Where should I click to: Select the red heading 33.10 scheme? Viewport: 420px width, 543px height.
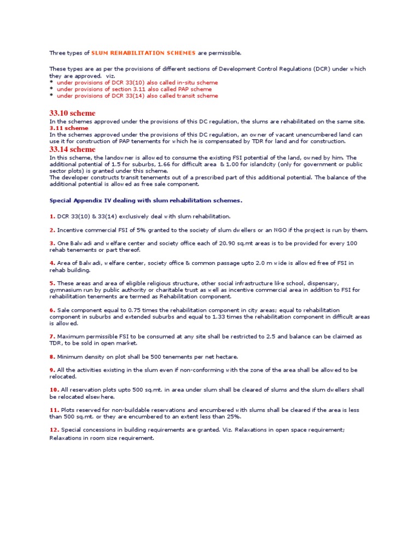72,113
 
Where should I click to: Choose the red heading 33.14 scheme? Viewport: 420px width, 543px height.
72,149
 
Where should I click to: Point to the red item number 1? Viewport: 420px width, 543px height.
52,216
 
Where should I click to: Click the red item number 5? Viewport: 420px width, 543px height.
52,284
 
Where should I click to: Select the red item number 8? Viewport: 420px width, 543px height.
52,357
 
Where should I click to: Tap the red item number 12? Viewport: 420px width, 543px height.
54,430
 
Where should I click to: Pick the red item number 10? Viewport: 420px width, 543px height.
54,390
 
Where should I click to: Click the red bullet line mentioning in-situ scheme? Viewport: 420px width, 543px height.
137,82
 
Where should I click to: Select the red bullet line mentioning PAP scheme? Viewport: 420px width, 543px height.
134,89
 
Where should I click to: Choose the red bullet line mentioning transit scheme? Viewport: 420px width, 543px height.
137,96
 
